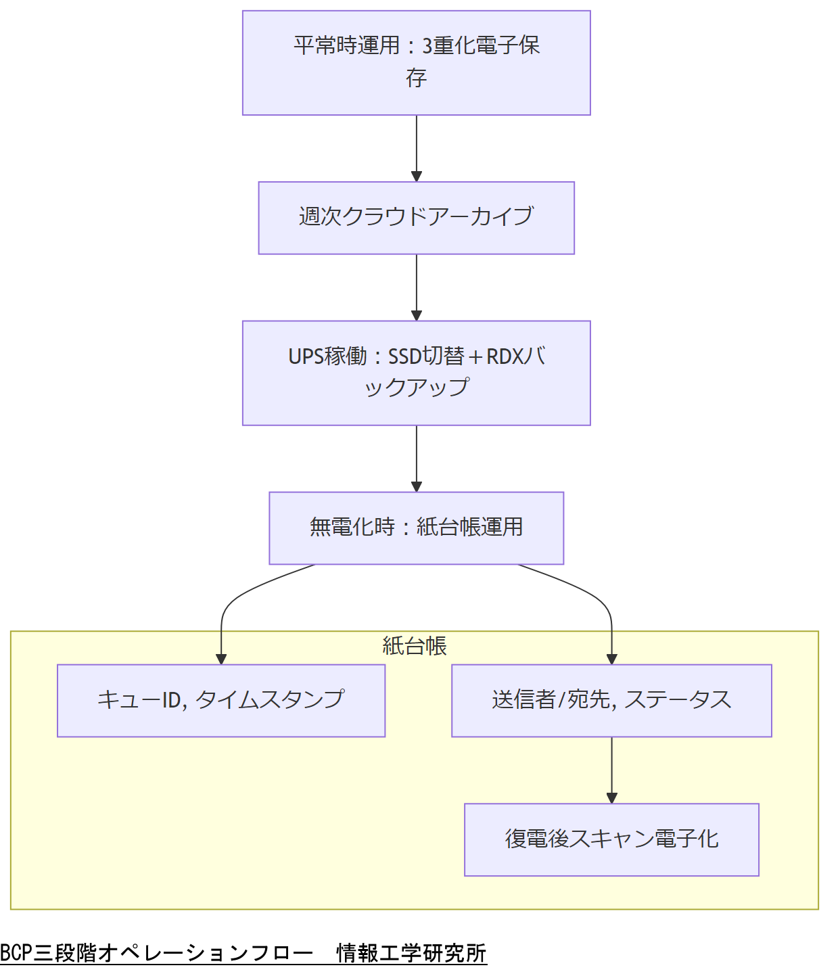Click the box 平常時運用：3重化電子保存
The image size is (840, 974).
point(416,62)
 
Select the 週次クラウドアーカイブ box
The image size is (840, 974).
point(416,218)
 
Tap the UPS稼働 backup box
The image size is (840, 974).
point(416,373)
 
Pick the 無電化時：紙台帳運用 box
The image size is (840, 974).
point(416,528)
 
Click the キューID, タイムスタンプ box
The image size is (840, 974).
point(221,700)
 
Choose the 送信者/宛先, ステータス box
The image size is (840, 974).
point(611,700)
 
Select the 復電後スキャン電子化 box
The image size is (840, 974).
point(611,839)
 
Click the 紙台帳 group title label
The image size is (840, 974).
point(415,646)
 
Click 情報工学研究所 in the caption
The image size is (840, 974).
point(411,953)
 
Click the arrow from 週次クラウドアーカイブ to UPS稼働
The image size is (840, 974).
point(417,287)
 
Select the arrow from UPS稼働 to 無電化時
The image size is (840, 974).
point(417,458)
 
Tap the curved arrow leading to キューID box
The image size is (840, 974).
point(230,602)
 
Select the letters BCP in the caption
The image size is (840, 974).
point(16,953)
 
